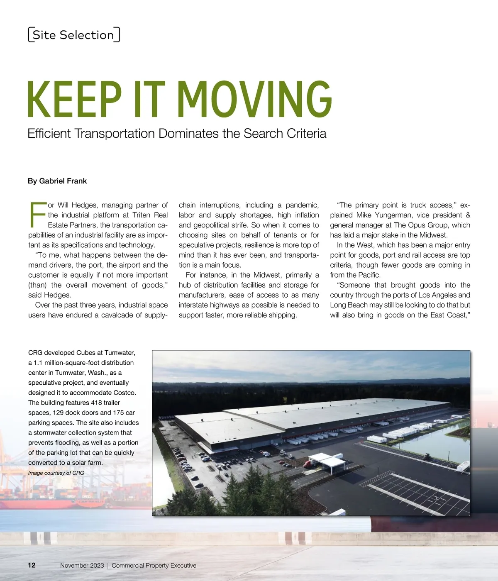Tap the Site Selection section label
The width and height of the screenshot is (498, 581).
pyautogui.click(x=74, y=35)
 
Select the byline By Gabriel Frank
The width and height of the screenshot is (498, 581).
pyautogui.click(x=57, y=181)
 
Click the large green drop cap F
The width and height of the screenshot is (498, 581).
pyautogui.click(x=37, y=215)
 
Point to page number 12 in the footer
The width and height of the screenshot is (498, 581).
pyautogui.click(x=32, y=565)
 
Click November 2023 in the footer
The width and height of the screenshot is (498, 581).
pyautogui.click(x=82, y=565)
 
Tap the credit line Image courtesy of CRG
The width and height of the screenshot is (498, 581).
pyautogui.click(x=56, y=473)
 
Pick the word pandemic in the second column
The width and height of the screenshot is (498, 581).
pyautogui.click(x=302, y=205)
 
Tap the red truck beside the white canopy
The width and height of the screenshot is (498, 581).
pyautogui.click(x=309, y=464)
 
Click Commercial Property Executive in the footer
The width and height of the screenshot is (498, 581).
pyautogui.click(x=154, y=565)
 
